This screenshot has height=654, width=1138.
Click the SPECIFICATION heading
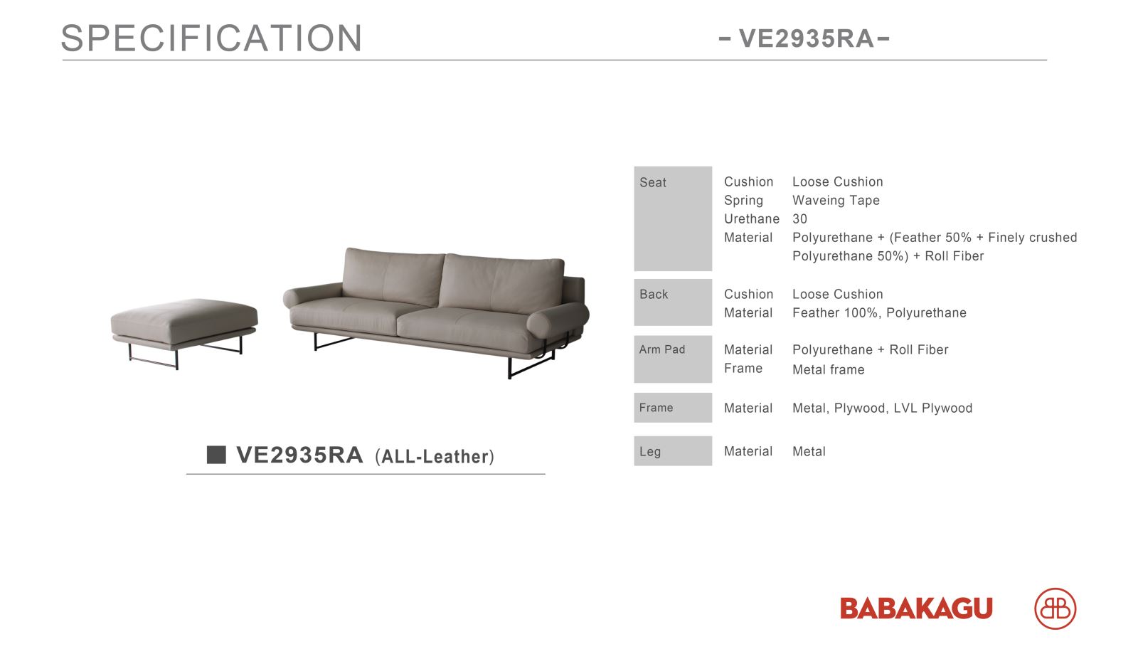tap(211, 38)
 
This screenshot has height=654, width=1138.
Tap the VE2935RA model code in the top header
tap(806, 38)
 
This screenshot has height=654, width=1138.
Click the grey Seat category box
tap(673, 218)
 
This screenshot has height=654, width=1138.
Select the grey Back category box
tap(673, 302)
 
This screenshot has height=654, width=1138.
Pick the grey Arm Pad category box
tap(673, 359)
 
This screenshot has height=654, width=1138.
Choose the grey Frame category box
tap(673, 408)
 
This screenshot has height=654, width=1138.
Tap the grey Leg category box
tap(673, 450)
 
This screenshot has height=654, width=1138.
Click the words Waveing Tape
tap(836, 201)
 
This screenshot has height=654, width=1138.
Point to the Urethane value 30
tap(799, 219)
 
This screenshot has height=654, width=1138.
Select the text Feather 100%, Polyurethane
tap(879, 313)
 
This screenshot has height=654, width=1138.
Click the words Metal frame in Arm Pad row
tap(828, 370)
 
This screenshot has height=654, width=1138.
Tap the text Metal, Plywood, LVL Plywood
tap(883, 408)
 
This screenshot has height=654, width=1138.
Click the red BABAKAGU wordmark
tap(916, 608)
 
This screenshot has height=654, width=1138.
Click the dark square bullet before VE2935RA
tap(216, 454)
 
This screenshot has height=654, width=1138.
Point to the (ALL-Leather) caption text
tap(435, 456)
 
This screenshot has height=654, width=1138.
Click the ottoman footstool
tap(184, 330)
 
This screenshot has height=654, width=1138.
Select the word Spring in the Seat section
tap(743, 201)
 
